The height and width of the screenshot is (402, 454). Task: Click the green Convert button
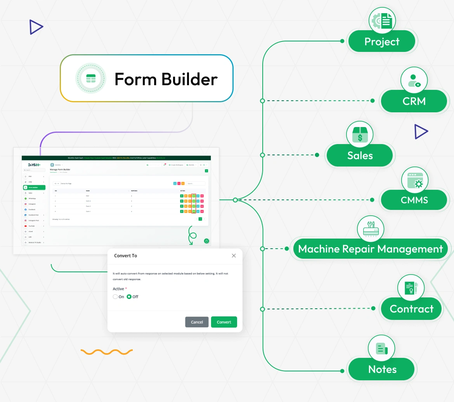pos(224,322)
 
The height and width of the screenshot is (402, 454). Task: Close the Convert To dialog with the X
pos(234,256)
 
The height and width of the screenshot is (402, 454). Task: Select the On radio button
pos(115,297)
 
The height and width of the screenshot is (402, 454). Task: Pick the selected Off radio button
pos(129,297)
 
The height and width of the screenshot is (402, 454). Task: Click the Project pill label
pos(382,42)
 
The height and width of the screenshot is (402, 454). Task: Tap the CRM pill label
pos(414,101)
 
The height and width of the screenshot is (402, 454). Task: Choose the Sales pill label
pos(360,156)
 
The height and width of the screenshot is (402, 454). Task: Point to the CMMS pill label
pos(414,200)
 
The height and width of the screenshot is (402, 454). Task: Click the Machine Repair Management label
pos(370,249)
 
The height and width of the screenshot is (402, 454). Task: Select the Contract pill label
pos(411,309)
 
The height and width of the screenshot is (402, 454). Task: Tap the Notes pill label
pos(382,369)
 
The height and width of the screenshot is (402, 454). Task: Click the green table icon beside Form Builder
pos(90,79)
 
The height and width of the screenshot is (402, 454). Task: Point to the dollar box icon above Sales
pos(360,134)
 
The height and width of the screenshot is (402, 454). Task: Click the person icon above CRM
pos(414,80)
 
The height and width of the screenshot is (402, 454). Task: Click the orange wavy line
pos(107,352)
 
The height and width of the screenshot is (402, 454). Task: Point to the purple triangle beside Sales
pos(420,132)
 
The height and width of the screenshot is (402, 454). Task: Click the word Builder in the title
pos(189,79)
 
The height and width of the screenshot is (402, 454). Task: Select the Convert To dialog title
pos(125,256)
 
